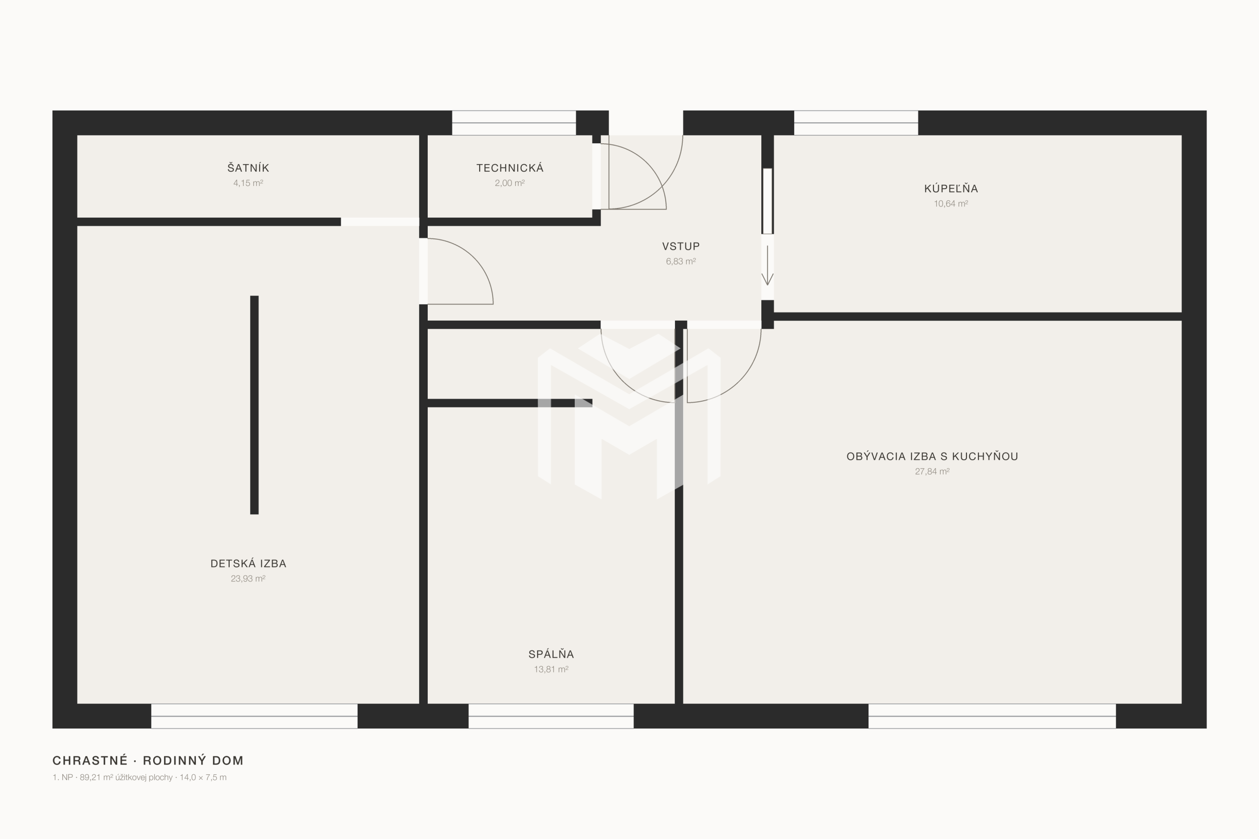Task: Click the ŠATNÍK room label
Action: (x=248, y=167)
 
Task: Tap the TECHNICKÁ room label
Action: (x=509, y=168)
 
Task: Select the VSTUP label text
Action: (x=681, y=246)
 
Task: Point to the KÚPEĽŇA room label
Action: (x=951, y=188)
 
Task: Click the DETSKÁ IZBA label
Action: (x=248, y=564)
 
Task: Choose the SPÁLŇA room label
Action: (x=551, y=654)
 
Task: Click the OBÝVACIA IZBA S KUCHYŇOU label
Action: (x=932, y=456)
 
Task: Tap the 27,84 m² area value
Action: (x=932, y=472)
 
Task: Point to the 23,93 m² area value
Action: (x=248, y=579)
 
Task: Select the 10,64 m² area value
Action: (x=951, y=203)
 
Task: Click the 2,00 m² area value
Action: (x=509, y=183)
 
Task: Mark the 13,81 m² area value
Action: (x=551, y=669)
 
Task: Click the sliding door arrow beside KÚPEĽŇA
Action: (x=767, y=266)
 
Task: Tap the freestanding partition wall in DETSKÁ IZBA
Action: (x=254, y=405)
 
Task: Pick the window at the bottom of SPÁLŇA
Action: (x=551, y=716)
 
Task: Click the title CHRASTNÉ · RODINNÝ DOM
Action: (x=148, y=760)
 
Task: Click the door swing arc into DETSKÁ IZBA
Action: (x=473, y=257)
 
